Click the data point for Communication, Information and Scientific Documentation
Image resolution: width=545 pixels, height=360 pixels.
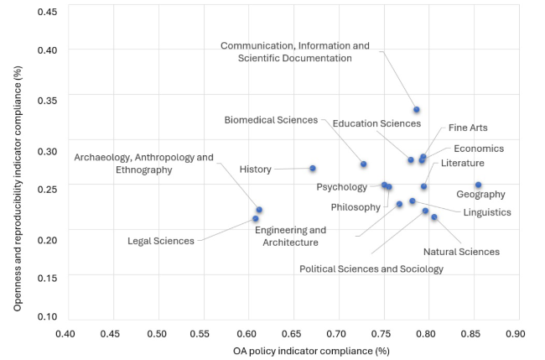coord(417,110)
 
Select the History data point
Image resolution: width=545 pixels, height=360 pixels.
coord(313,169)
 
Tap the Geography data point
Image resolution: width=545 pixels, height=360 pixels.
coord(478,185)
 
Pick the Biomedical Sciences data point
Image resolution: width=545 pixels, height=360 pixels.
coord(364,164)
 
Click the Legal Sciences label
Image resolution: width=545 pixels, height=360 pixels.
coord(161,242)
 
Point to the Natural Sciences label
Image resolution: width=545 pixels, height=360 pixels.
coord(461,252)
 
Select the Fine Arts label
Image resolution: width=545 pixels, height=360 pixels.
coord(468,128)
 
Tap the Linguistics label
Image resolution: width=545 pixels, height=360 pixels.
coord(487,212)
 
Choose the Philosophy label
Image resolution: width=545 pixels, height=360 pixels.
coord(356,207)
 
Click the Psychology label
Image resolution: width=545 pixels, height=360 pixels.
coord(341,187)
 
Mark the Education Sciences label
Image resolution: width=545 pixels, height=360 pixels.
coord(376,124)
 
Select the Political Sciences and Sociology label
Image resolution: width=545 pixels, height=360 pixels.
coord(371,269)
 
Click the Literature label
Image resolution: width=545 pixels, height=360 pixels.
coord(463,163)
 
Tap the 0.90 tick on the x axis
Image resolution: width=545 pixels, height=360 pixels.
coord(519,332)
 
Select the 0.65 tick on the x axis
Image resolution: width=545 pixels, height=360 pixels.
coord(293,332)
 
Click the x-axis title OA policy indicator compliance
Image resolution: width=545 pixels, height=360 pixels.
coord(293,349)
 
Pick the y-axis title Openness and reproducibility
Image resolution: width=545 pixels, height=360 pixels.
coord(18,162)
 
